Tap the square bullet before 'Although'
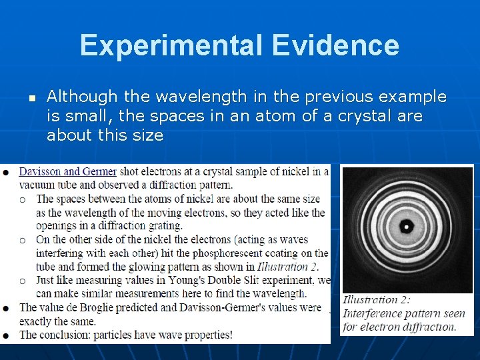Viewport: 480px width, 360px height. tap(31, 97)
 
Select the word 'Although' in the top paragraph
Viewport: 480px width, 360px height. tap(80, 97)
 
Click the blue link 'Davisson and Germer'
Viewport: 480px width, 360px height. tap(68, 172)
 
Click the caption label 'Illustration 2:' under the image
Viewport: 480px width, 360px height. tap(377, 300)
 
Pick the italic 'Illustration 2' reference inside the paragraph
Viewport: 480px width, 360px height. tap(287, 267)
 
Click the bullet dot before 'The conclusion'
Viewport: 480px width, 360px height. tap(6, 334)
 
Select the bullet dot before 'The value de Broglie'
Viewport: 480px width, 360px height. tap(6, 307)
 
